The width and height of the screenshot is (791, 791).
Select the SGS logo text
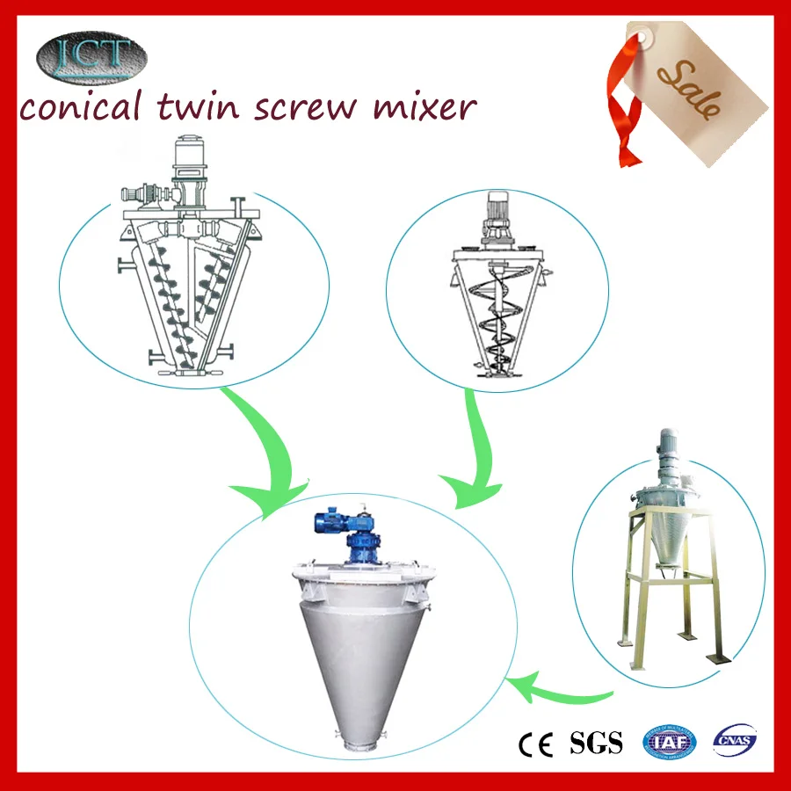(x=596, y=743)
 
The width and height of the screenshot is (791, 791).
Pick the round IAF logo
(x=671, y=743)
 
